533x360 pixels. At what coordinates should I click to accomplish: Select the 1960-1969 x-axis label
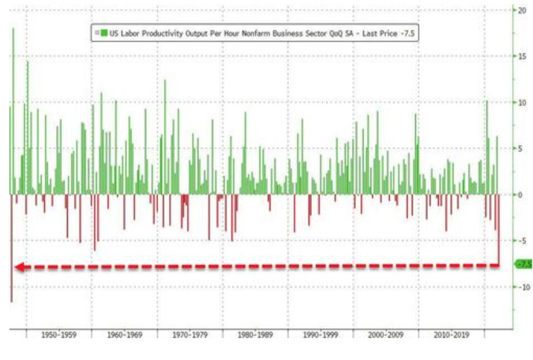124,335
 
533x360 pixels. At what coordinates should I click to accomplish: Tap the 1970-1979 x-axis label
189,335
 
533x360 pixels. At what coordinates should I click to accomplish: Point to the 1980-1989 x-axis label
255,335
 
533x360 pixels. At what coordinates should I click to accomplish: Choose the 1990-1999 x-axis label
321,335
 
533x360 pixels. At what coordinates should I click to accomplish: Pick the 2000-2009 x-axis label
386,335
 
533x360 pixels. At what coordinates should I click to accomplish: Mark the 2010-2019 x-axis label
451,335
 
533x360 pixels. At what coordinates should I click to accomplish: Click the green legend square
105,33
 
